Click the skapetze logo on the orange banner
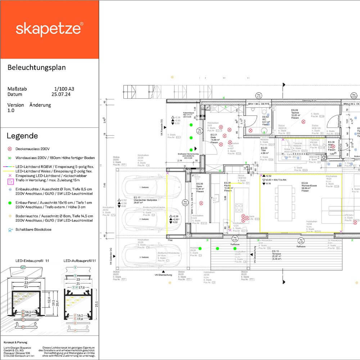49,29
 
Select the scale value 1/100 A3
64,89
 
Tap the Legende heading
22,136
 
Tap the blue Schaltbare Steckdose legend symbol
10,229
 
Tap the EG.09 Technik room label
295,112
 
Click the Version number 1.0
11,111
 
